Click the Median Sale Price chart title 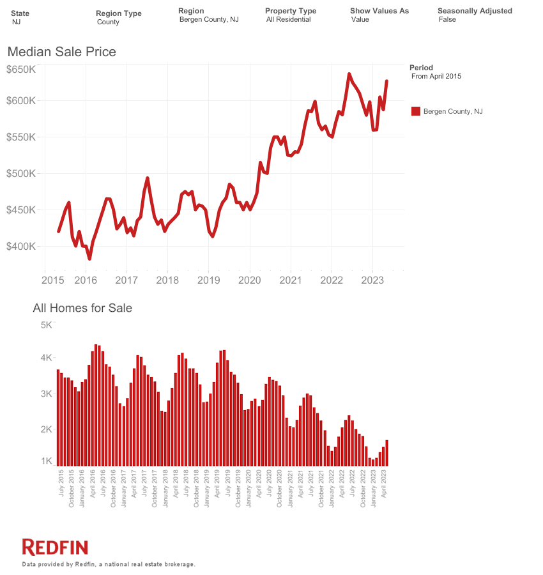[x=61, y=51]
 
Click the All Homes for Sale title [x=82, y=308]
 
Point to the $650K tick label [x=21, y=69]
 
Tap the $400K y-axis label [x=21, y=247]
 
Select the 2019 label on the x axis [x=208, y=280]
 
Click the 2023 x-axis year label [x=372, y=280]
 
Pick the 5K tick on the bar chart [x=46, y=325]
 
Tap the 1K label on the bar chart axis [x=46, y=461]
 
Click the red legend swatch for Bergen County [x=415, y=111]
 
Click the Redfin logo [x=55, y=547]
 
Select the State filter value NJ [x=17, y=22]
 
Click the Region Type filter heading [x=119, y=13]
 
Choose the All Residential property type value [x=288, y=20]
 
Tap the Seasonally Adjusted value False [x=448, y=20]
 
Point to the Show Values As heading [x=379, y=11]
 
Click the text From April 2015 [x=436, y=76]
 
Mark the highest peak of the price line [x=349, y=74]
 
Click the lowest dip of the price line [x=89, y=259]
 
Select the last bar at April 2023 [x=386, y=452]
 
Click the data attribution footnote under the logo [x=108, y=564]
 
